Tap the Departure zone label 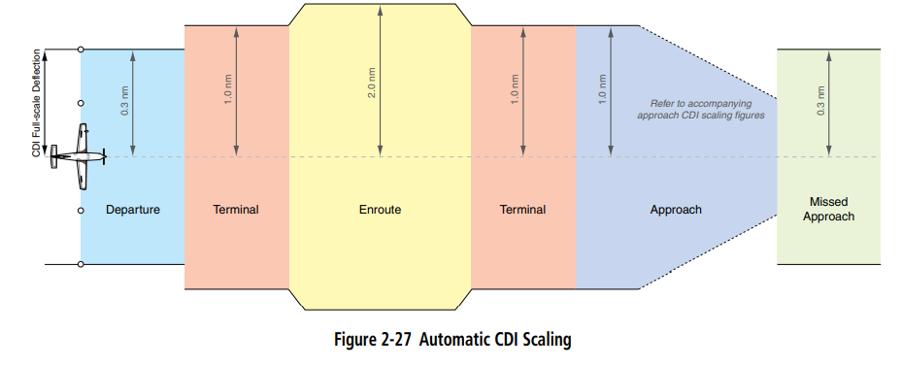point(133,210)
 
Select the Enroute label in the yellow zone point(380,210)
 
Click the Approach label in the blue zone point(676,210)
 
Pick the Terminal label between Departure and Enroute point(236,210)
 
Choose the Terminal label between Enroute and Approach point(522,210)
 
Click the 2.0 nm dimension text point(371,86)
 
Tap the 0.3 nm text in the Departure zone point(124,102)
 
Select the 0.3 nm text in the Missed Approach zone point(820,101)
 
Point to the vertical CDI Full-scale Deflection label point(37,101)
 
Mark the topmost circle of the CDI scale point(81,49)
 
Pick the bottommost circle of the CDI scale point(81,264)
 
